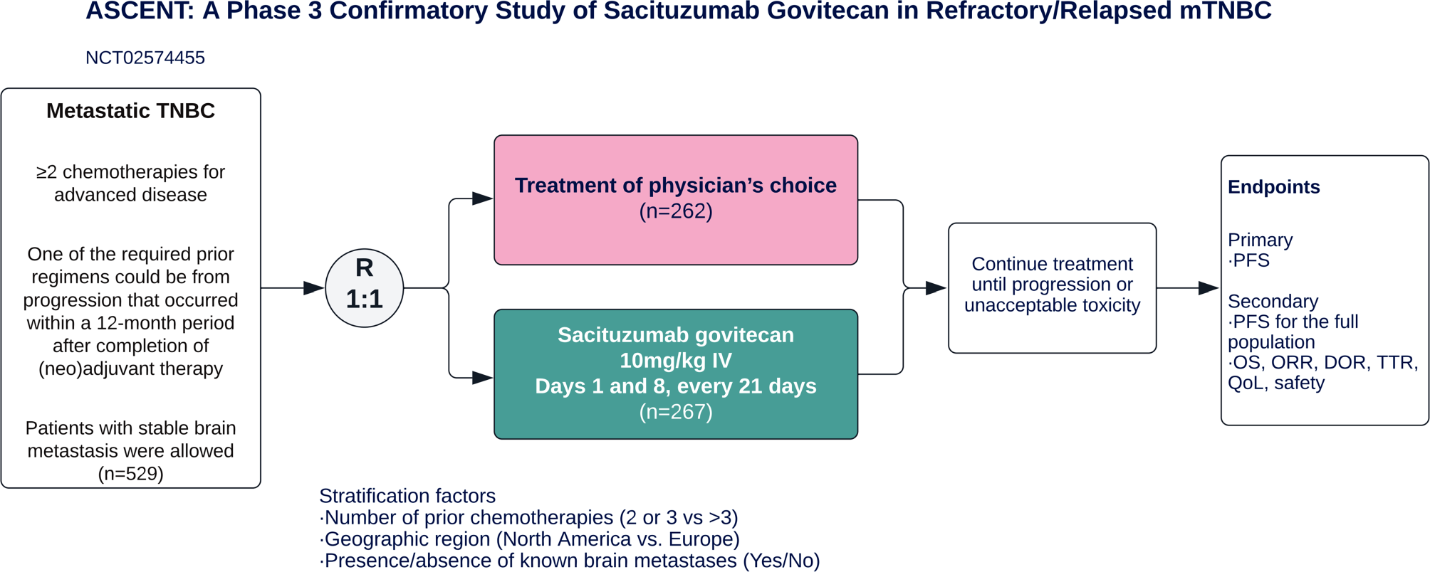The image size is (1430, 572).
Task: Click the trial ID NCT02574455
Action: [x=145, y=58]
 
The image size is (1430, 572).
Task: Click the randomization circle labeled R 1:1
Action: [x=364, y=287]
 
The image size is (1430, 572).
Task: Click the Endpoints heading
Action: [x=1273, y=187]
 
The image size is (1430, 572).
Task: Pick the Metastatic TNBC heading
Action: [x=130, y=111]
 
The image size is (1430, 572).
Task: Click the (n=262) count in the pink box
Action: [x=675, y=211]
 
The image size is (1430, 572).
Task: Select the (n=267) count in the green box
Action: [x=675, y=412]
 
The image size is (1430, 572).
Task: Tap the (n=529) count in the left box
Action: [x=130, y=474]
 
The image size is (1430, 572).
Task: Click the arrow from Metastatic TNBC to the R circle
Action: [x=292, y=288]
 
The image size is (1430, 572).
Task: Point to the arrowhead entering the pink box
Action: [x=482, y=198]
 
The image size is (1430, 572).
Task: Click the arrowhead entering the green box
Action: [x=482, y=377]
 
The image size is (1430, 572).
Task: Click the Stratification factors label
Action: [x=407, y=496]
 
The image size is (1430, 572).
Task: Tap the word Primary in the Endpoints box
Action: [x=1260, y=240]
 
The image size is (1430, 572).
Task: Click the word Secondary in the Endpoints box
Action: [x=1273, y=301]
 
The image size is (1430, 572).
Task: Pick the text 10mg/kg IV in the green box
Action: [x=675, y=361]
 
